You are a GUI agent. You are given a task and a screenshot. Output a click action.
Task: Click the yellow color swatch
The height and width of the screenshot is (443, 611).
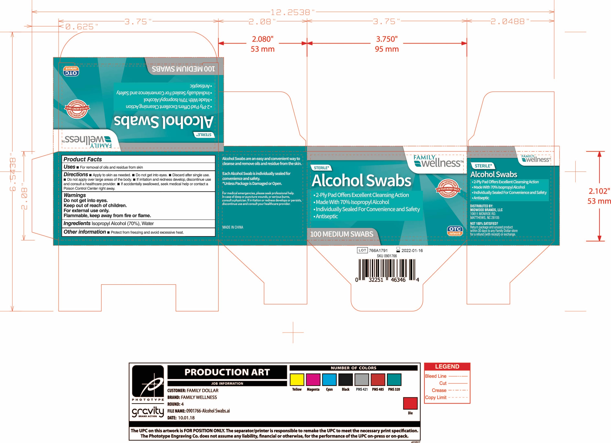pyautogui.click(x=297, y=379)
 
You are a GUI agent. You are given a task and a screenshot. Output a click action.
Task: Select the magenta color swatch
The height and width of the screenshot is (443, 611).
pyautogui.click(x=313, y=379)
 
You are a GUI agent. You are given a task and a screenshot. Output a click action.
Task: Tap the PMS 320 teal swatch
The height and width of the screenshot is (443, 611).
pyautogui.click(x=394, y=379)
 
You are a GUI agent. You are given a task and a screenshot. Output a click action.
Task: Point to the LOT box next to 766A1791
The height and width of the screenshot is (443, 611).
pyautogui.click(x=362, y=250)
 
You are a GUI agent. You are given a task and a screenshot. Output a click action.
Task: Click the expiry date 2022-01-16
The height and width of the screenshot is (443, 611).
pyautogui.click(x=412, y=251)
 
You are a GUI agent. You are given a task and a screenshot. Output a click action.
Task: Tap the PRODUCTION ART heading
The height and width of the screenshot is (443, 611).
pyautogui.click(x=227, y=372)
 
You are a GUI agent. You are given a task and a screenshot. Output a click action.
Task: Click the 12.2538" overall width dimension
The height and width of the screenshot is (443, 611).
pyautogui.click(x=293, y=12)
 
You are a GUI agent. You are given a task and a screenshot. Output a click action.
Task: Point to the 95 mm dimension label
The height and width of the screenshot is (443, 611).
pyautogui.click(x=387, y=49)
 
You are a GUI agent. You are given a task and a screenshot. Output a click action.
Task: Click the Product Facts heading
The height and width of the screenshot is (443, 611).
pyautogui.click(x=83, y=159)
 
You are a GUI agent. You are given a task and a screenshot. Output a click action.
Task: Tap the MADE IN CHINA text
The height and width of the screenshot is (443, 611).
pyautogui.click(x=233, y=227)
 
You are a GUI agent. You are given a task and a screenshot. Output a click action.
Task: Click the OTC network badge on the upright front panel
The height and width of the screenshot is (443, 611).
pyautogui.click(x=455, y=231)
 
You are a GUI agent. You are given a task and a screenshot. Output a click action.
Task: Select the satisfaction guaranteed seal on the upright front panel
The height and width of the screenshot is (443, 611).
pyautogui.click(x=448, y=188)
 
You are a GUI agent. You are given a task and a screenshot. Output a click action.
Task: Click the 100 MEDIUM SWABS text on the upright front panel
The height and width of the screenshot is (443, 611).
pyautogui.click(x=342, y=234)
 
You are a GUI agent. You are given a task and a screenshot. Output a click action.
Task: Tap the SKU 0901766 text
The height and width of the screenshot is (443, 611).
pyautogui.click(x=387, y=256)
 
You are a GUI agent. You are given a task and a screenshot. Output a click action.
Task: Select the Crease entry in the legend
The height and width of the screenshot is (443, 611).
pyautogui.click(x=439, y=390)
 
